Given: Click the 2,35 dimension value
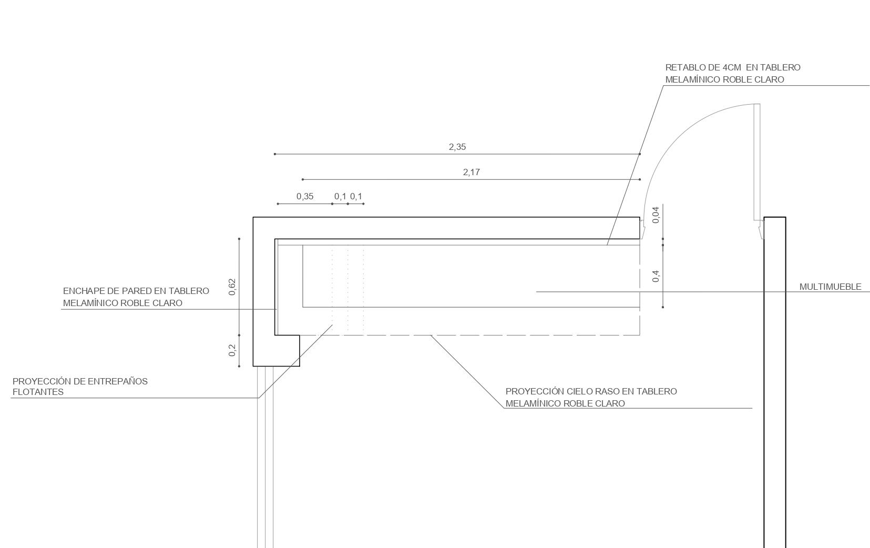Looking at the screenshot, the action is point(457,147).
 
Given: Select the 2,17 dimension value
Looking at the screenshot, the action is point(472,172).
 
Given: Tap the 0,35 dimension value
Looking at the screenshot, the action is point(305,197).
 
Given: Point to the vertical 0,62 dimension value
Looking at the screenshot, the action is point(232,287).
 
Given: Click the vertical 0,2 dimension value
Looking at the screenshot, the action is point(232,350).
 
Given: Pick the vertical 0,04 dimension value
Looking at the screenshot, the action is point(656,215).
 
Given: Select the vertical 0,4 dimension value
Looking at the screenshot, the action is point(656,276).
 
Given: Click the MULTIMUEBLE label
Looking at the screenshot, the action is point(830,287).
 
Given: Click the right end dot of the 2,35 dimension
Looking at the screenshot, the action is point(640,154).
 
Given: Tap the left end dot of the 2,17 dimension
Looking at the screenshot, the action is point(303,179).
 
